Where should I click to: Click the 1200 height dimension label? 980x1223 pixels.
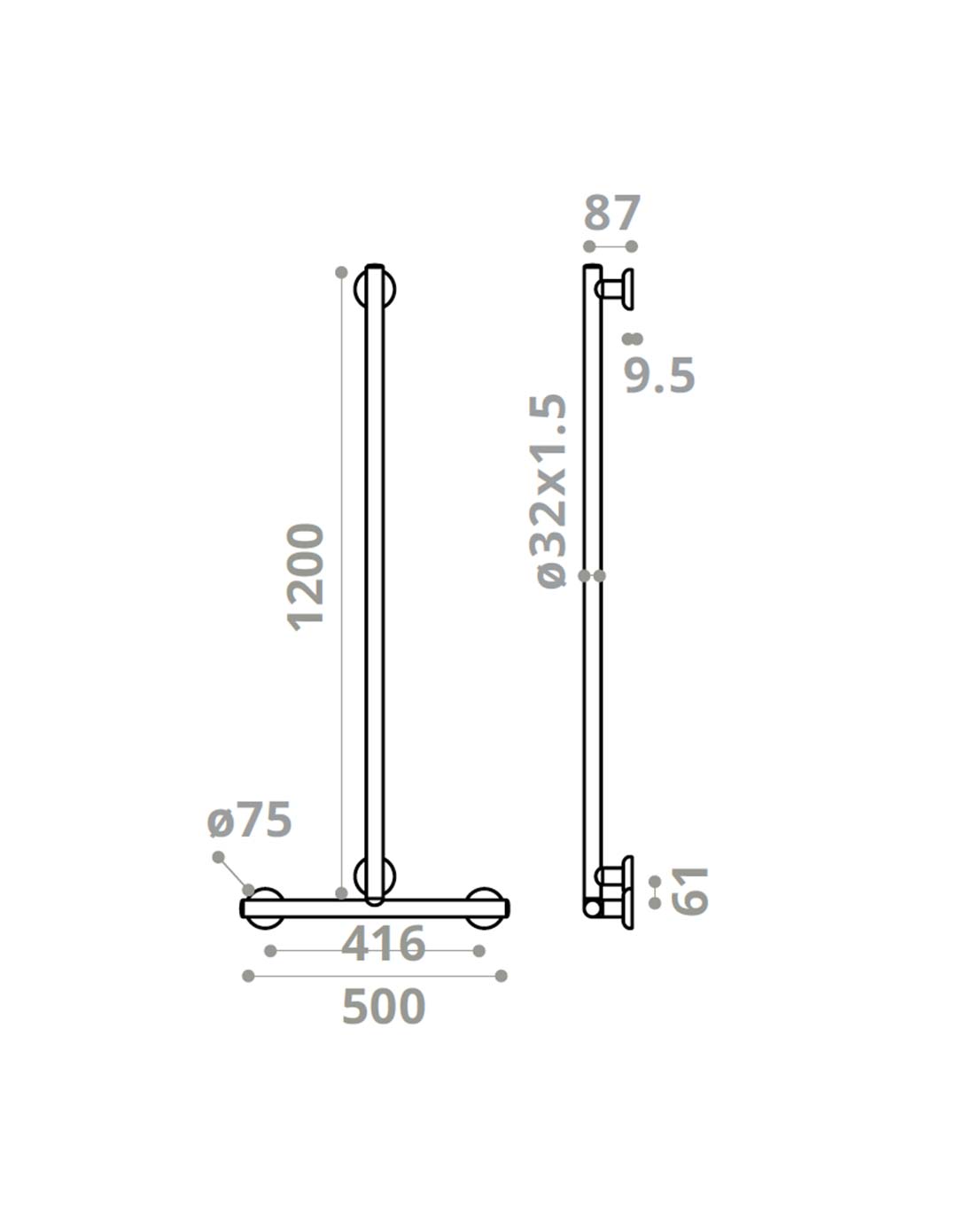(307, 577)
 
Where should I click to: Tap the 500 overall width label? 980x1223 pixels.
(384, 1008)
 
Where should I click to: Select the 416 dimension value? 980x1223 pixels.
(384, 945)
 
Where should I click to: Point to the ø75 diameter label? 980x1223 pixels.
(249, 820)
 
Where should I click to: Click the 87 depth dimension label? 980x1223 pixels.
(611, 214)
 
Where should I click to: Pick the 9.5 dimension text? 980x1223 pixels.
(659, 376)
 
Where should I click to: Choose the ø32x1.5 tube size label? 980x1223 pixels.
(551, 491)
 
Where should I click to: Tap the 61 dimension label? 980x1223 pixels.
(691, 891)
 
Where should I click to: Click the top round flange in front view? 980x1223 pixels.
(375, 289)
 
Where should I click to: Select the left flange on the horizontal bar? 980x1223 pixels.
(264, 908)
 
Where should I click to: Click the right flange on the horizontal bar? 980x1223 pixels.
(486, 908)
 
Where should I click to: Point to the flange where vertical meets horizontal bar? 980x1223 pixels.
(375, 877)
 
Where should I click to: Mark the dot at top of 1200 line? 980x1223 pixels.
(341, 272)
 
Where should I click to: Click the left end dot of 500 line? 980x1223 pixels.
(248, 976)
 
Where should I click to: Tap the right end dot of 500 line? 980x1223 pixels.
(502, 976)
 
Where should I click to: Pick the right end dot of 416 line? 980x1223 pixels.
(479, 951)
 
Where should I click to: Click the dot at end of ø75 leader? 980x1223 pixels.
(218, 856)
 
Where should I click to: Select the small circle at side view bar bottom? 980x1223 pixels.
(592, 908)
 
